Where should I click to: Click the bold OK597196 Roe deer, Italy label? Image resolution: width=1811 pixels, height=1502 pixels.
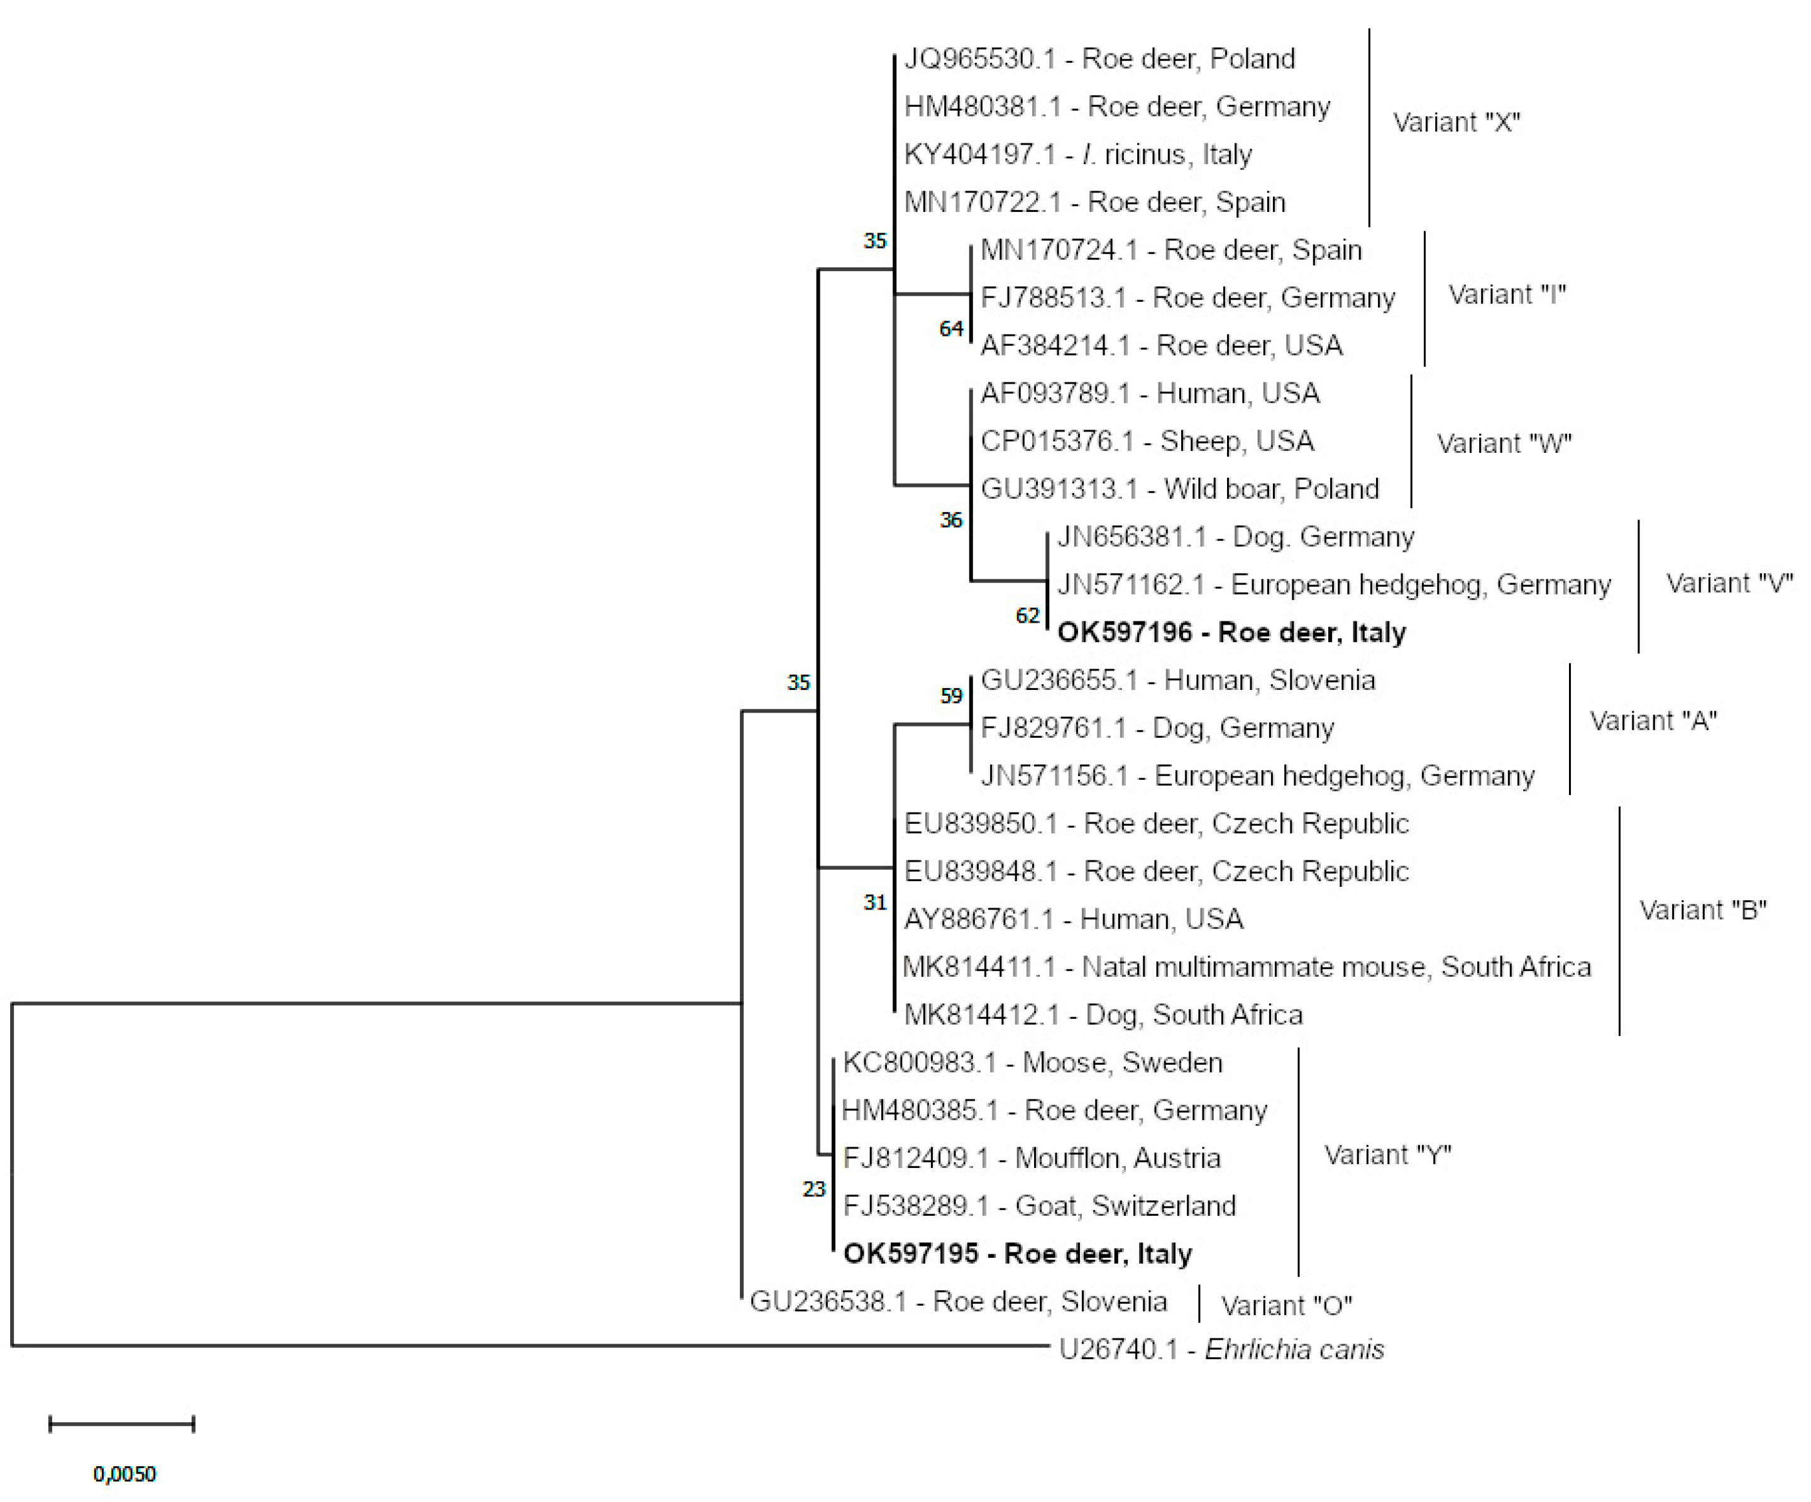[1231, 632]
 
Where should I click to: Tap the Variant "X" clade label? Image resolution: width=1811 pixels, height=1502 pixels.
[1456, 123]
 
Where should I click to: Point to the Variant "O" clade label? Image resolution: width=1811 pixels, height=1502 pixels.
[1286, 1306]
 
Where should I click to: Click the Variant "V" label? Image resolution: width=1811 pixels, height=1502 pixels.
[1729, 584]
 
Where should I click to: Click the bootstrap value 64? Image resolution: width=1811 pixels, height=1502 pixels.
[950, 329]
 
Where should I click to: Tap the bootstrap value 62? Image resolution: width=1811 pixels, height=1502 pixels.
[1027, 615]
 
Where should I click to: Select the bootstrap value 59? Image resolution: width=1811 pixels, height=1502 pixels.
[950, 696]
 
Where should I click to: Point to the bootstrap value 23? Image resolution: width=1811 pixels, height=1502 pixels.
[813, 1189]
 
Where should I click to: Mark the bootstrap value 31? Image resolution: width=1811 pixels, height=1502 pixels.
[874, 903]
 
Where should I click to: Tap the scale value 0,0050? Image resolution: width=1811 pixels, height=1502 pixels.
[124, 1474]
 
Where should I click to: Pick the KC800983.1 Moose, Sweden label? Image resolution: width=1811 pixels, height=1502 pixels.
[1032, 1063]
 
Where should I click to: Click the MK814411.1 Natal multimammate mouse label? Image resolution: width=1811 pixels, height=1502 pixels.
[1246, 967]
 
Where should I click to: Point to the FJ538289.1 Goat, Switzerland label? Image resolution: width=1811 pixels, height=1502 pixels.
[1039, 1206]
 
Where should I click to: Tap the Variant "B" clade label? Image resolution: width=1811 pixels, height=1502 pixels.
[1702, 910]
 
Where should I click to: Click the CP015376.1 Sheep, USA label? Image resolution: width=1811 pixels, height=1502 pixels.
[1147, 442]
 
